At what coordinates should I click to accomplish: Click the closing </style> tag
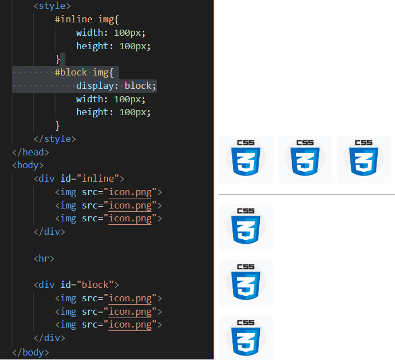54,139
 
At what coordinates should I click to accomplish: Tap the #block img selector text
84,72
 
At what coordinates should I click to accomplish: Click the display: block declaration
116,86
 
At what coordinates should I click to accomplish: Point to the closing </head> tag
31,152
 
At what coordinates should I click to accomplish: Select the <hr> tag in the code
44,258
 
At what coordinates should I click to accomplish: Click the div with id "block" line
76,285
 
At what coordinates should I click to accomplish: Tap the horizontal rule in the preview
306,195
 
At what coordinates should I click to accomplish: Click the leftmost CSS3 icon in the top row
246,159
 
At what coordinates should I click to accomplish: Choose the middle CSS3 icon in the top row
305,159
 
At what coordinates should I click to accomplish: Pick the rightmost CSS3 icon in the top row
364,159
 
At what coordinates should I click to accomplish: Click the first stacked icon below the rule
246,228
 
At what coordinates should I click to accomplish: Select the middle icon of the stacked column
246,283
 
